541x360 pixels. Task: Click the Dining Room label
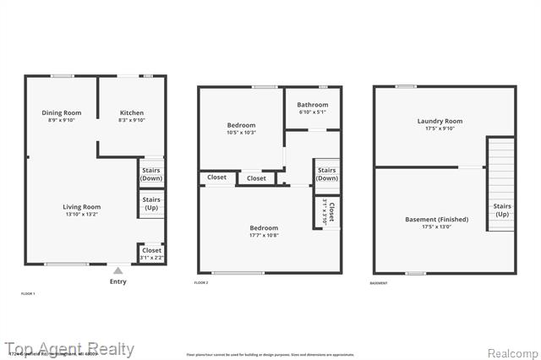(62, 117)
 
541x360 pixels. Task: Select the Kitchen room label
(131, 117)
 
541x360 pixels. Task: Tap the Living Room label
(81, 210)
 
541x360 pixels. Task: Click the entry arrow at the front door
(118, 270)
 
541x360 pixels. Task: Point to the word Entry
(118, 281)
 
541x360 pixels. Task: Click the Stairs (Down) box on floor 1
(151, 174)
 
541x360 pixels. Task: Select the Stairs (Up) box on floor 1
(151, 204)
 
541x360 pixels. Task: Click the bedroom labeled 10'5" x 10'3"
(241, 128)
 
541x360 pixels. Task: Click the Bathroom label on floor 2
(312, 108)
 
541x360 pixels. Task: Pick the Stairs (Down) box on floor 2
(326, 174)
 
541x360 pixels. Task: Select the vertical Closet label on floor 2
(331, 211)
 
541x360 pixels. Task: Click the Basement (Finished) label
(436, 223)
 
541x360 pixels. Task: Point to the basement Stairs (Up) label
(501, 210)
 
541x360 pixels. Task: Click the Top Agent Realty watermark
(69, 348)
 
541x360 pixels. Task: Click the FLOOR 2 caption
(201, 282)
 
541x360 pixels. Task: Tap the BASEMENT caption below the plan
(379, 282)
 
